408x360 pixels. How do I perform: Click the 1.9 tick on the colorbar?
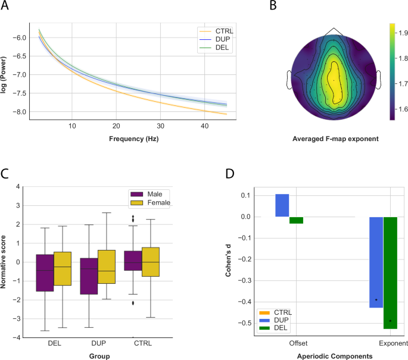[x=402, y=33]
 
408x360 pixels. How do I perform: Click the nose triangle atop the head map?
[x=334, y=32]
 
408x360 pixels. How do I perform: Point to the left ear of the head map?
[x=290, y=80]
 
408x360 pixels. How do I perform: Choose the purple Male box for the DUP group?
[x=89, y=276]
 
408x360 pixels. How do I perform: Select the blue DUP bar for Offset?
[x=282, y=205]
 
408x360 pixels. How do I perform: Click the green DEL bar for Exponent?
[x=390, y=273]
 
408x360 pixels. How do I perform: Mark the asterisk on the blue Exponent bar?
[x=376, y=300]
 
